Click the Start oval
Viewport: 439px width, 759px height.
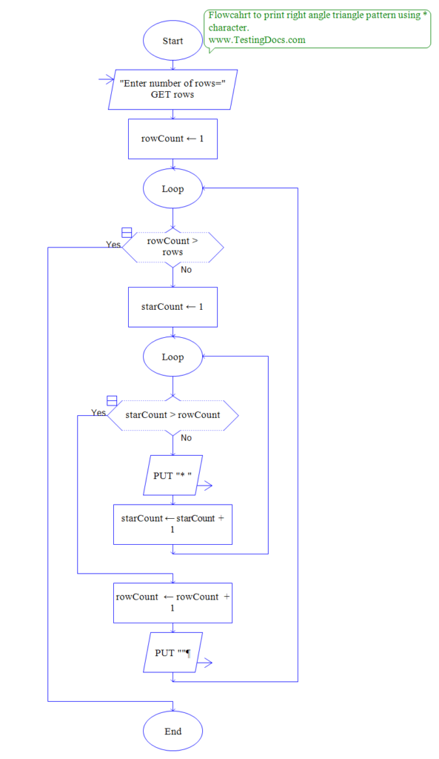point(172,41)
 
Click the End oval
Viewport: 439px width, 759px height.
point(172,731)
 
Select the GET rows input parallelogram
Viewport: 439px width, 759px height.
point(172,89)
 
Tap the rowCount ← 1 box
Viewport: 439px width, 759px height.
point(172,139)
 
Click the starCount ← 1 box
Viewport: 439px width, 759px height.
point(172,307)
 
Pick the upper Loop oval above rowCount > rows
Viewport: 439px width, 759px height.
point(172,189)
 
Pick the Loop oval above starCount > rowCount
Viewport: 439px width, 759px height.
point(172,357)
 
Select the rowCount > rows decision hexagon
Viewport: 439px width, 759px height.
point(172,246)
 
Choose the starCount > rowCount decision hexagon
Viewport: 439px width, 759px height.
point(172,415)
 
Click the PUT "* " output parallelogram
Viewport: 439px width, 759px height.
point(172,475)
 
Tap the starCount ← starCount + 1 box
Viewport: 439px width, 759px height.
point(172,524)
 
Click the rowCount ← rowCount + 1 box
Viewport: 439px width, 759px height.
point(172,603)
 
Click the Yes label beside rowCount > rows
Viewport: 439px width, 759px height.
point(113,245)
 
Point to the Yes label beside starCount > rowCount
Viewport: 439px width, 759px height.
point(98,412)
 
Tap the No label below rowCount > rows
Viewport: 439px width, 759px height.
point(186,270)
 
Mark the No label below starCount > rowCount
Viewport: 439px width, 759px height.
point(186,438)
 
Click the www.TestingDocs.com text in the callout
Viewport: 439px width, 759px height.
point(257,40)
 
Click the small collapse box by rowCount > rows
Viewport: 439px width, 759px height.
point(127,232)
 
